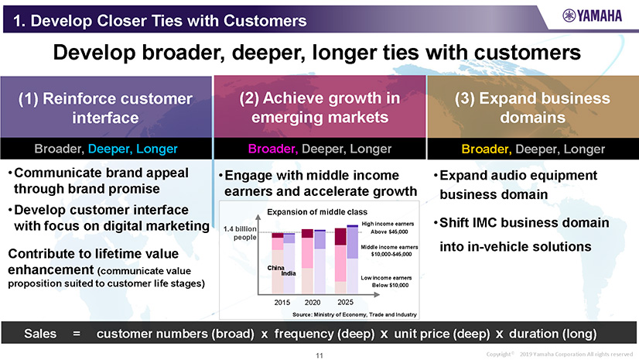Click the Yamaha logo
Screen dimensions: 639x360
pos(592,16)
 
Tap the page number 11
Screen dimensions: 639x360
pos(319,355)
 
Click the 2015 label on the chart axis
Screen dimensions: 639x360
pos(282,303)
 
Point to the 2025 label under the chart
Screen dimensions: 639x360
pos(345,302)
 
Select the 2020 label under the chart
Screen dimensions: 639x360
pos(313,303)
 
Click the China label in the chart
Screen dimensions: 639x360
pos(276,268)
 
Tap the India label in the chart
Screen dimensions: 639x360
pos(289,273)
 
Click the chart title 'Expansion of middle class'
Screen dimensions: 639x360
pos(317,212)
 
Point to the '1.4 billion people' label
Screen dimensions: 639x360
pos(240,233)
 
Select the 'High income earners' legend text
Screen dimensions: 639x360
pos(388,224)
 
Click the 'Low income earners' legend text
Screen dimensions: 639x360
pos(386,278)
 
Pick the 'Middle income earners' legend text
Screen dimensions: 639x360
pos(389,247)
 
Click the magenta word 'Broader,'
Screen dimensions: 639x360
pos(273,149)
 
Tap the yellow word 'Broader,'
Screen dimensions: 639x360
pos(487,149)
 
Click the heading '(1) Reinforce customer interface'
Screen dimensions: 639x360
pos(105,108)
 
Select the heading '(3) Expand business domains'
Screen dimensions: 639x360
pos(533,108)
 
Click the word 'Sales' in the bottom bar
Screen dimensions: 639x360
pos(40,334)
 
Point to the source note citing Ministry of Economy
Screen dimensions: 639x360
pos(354,314)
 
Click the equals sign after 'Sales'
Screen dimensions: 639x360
pos(77,334)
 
